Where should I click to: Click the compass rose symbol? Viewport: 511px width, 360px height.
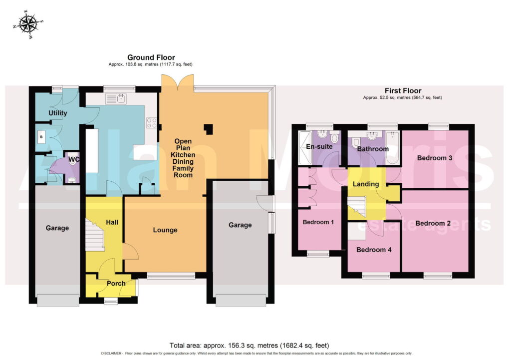28,24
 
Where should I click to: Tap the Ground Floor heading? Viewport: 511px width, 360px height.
151,57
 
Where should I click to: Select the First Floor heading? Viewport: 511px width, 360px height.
403,91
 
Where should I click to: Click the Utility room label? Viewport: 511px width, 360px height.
58,113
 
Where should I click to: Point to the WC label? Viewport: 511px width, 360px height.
74,160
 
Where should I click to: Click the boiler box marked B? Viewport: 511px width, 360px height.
42,137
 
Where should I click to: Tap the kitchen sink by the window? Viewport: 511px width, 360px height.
116,98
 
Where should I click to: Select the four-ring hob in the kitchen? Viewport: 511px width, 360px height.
152,123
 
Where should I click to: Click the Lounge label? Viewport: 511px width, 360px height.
165,230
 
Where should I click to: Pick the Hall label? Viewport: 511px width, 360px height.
112,222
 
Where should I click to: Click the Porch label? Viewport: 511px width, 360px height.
116,284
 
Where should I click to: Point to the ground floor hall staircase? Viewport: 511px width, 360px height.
95,235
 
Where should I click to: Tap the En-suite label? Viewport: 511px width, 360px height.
319,146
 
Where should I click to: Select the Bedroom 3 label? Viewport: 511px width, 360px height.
435,158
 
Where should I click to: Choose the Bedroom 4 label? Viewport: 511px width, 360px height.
374,250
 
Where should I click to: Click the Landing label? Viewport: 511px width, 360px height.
366,184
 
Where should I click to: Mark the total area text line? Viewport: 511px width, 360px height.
250,346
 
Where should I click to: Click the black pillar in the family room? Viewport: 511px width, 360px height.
209,129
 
